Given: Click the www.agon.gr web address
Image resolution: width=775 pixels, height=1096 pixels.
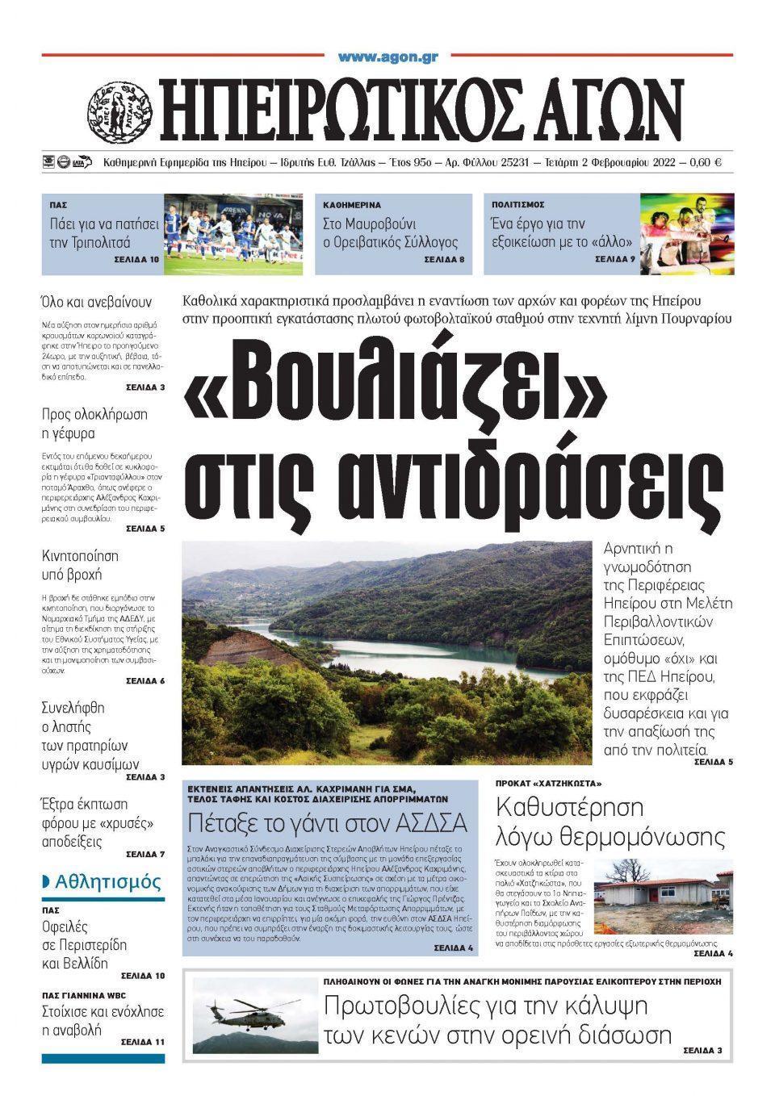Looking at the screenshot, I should [387, 56].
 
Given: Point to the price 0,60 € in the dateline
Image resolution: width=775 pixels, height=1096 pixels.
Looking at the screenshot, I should [706, 162].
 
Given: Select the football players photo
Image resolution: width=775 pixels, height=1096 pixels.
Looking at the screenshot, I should [233, 234].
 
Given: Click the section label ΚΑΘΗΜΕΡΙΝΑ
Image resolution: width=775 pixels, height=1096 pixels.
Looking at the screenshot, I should [352, 206].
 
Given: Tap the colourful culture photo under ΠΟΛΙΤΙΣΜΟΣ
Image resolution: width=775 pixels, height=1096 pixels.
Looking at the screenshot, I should [687, 234].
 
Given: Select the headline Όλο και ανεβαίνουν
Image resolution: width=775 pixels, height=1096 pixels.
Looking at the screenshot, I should [96, 303].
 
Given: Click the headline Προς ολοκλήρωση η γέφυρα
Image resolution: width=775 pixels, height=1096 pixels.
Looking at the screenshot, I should [94, 425].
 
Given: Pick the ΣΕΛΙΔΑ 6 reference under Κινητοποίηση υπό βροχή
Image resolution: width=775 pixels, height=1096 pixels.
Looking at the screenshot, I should [145, 681].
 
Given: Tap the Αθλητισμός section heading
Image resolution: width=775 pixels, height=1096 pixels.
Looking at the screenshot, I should [108, 882].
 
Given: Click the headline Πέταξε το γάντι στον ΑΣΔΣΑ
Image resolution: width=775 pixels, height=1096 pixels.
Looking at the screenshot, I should [327, 823].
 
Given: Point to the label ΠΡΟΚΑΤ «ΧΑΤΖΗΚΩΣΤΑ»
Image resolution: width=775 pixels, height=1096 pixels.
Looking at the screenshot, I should [549, 784].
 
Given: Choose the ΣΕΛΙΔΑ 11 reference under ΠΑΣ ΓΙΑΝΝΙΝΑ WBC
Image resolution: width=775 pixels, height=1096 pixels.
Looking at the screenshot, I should [143, 1042].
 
